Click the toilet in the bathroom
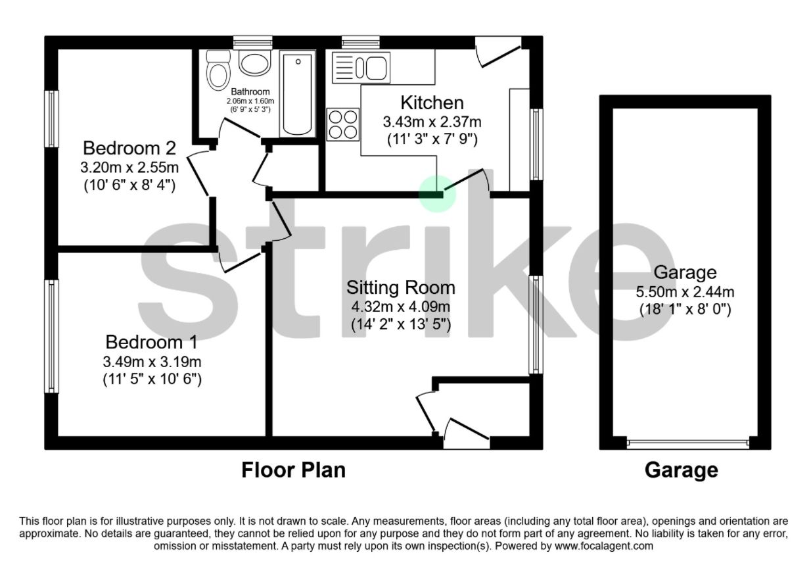216,70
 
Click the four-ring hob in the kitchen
343,124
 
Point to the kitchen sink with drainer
361,68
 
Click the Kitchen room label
432,103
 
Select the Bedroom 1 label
151,342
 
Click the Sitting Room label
401,287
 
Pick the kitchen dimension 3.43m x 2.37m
432,122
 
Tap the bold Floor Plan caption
293,470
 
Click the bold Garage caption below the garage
682,470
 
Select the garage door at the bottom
687,443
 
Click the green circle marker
438,194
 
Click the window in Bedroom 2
51,118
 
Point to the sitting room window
536,324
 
